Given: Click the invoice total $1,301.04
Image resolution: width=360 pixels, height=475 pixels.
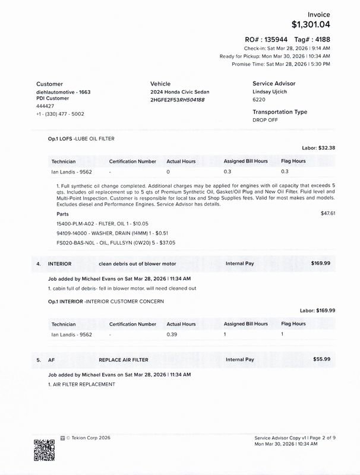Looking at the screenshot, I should (x=310, y=24).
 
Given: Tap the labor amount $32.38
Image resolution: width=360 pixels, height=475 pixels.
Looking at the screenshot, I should (x=327, y=148).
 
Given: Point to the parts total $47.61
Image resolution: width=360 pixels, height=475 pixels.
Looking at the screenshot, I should (x=328, y=213).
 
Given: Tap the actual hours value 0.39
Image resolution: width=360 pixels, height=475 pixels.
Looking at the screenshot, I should (x=173, y=334).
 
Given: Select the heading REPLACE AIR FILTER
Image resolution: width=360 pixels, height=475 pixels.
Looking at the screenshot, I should (x=124, y=359).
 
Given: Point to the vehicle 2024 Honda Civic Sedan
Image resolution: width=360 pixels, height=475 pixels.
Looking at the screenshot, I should (x=180, y=92).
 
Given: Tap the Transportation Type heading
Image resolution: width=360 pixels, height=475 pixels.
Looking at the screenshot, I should (x=280, y=112).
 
